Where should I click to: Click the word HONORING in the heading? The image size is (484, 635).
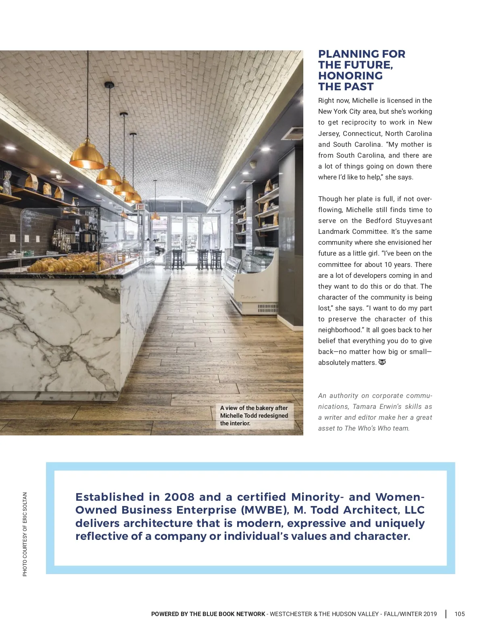[x=350, y=76]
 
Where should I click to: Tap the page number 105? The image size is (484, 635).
[x=459, y=614]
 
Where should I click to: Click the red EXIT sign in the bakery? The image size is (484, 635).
[x=140, y=207]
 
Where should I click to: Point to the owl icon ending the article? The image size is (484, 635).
[x=382, y=362]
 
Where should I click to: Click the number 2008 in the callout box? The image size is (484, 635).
[x=179, y=497]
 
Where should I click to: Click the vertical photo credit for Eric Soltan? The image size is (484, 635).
[x=25, y=534]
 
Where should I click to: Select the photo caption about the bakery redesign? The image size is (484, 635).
[x=254, y=416]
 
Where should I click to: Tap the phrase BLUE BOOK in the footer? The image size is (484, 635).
[x=217, y=614]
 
